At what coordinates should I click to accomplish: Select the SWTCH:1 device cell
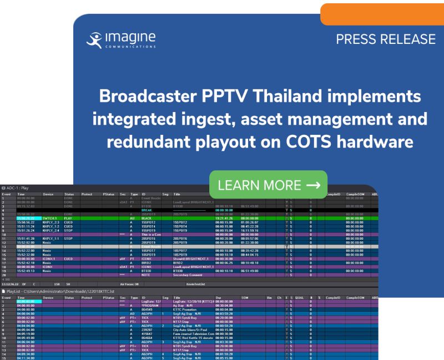tap(49, 219)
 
